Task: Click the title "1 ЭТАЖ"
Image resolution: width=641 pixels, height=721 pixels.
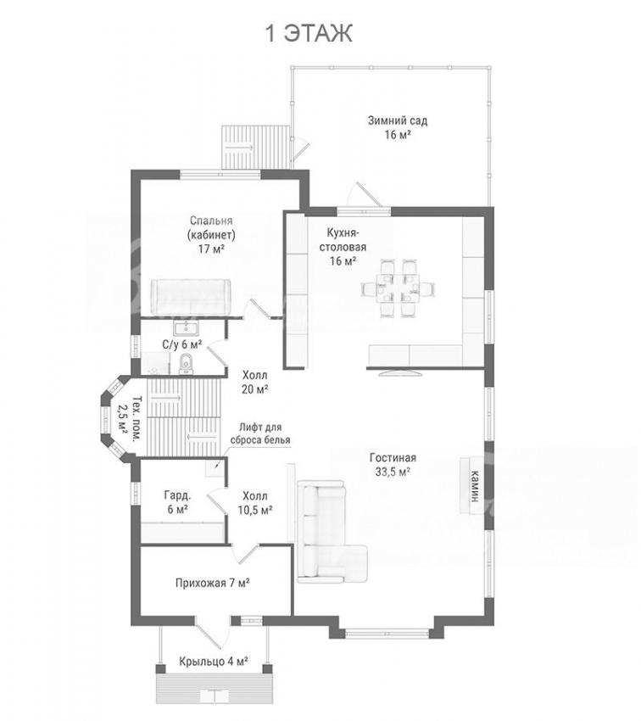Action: pyautogui.click(x=309, y=34)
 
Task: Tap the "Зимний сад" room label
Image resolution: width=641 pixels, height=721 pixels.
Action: pyautogui.click(x=398, y=121)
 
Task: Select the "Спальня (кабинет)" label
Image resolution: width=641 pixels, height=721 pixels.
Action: pyautogui.click(x=211, y=228)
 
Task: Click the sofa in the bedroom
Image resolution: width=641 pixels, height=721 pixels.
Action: pyautogui.click(x=191, y=297)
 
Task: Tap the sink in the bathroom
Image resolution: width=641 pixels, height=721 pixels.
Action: pyautogui.click(x=186, y=329)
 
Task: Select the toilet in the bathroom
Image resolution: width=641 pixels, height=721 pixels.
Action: pyautogui.click(x=186, y=364)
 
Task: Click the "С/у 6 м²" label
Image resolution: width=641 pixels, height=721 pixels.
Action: pyautogui.click(x=182, y=344)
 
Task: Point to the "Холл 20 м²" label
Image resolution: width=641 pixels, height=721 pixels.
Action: pyautogui.click(x=255, y=382)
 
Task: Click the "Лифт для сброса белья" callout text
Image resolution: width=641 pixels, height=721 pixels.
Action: pyautogui.click(x=260, y=433)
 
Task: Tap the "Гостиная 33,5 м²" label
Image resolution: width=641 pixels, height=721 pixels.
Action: pyautogui.click(x=393, y=465)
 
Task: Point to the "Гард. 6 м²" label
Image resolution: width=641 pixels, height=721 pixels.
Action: pyautogui.click(x=177, y=503)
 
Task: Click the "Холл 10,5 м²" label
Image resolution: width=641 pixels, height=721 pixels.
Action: pyautogui.click(x=255, y=503)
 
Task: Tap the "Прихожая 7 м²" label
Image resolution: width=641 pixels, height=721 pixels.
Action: pyautogui.click(x=212, y=583)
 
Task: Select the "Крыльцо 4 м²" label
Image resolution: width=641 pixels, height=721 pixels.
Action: pyautogui.click(x=214, y=662)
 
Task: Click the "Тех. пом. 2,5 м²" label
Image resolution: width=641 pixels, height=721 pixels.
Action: pyautogui.click(x=129, y=419)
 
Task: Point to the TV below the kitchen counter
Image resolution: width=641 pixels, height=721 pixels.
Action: pyautogui.click(x=399, y=372)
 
